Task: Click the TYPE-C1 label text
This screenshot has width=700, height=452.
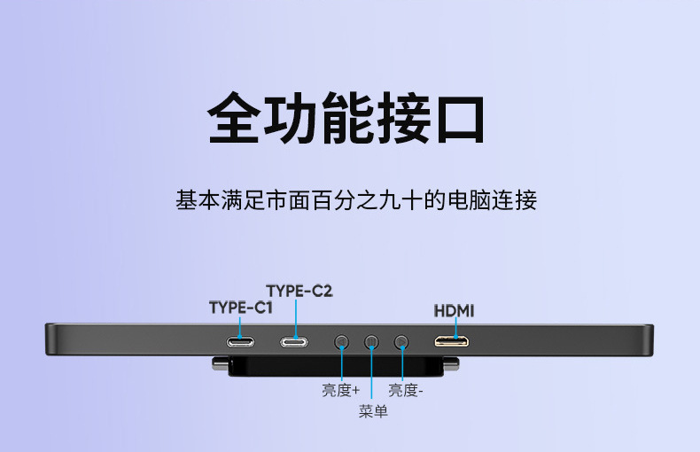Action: (x=240, y=308)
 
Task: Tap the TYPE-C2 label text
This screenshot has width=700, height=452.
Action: (x=299, y=290)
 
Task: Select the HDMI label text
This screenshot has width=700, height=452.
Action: (x=454, y=311)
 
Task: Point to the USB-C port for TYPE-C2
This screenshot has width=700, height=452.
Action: (x=295, y=341)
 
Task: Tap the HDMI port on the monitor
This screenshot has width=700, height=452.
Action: (x=451, y=341)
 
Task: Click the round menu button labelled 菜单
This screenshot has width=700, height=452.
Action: (x=372, y=341)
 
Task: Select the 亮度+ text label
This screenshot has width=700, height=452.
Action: (x=340, y=390)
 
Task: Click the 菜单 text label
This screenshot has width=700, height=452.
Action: (x=373, y=412)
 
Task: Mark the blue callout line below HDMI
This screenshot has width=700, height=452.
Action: (x=455, y=328)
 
